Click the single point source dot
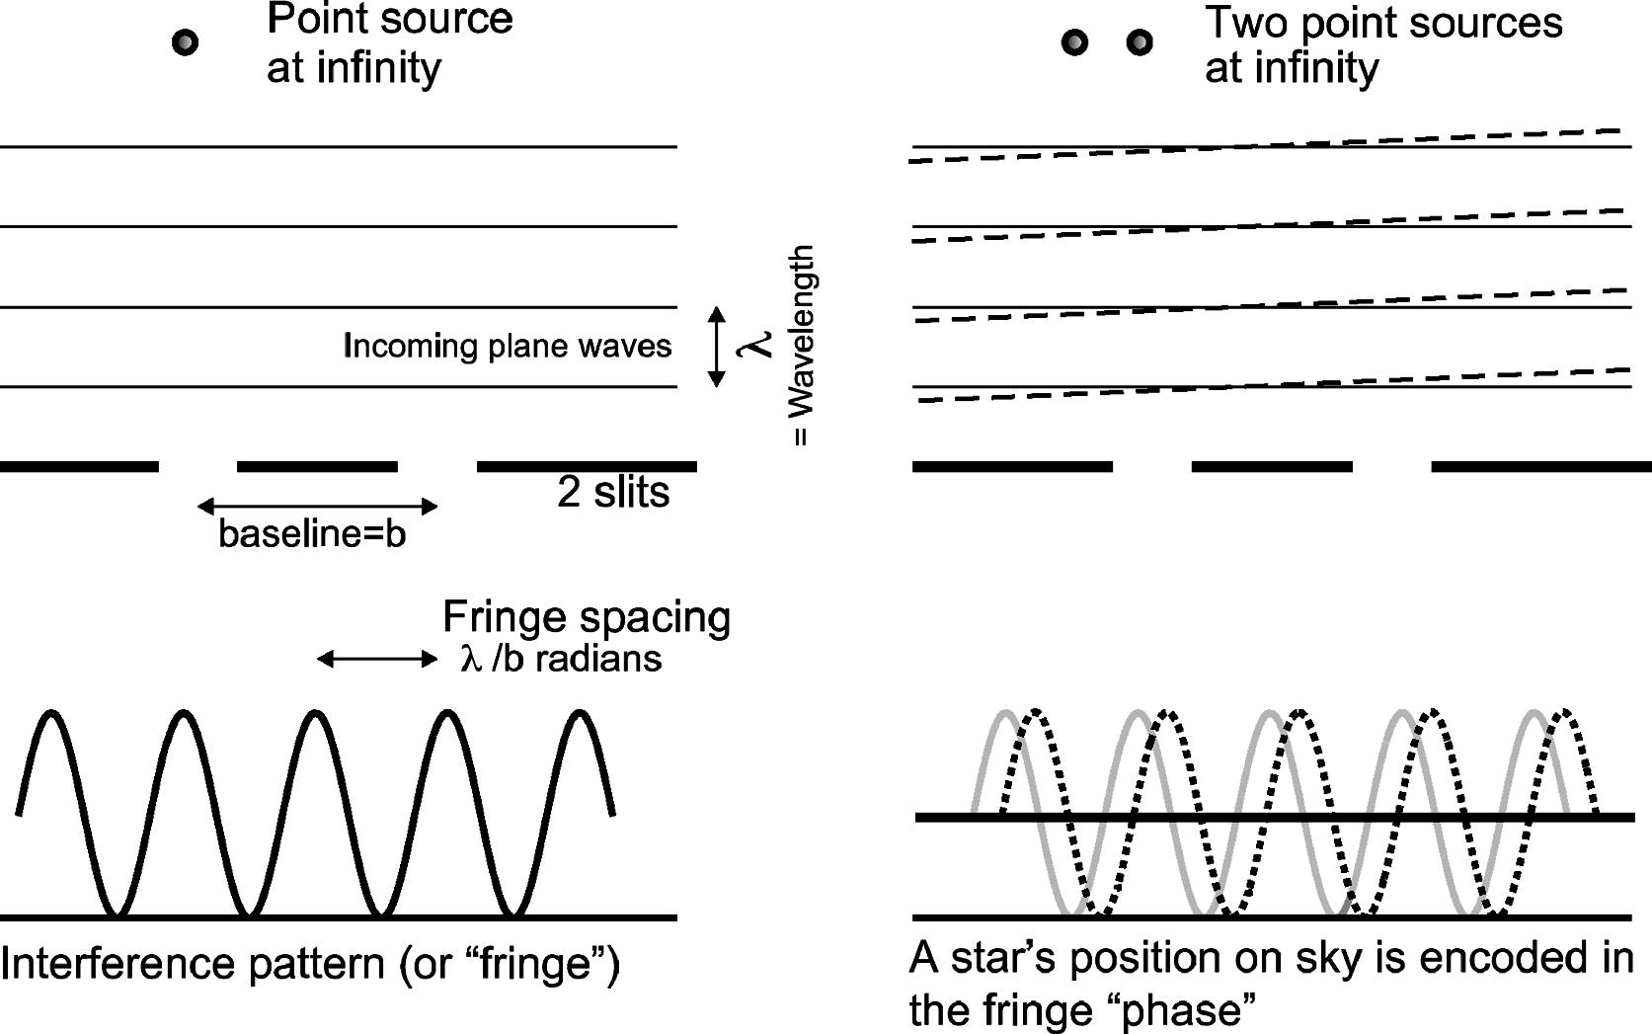(186, 42)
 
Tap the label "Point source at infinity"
(389, 43)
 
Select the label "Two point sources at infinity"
(1382, 45)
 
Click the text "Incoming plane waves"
(508, 346)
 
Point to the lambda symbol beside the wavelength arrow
(758, 345)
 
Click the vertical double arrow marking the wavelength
(718, 347)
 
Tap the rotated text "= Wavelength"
(802, 346)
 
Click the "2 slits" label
(613, 492)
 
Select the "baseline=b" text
(312, 534)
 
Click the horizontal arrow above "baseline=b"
(317, 507)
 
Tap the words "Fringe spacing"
(587, 617)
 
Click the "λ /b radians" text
(561, 659)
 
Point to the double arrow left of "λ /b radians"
(376, 659)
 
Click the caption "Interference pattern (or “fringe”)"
(310, 963)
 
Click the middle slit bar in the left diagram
(317, 466)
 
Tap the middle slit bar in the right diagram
(1272, 466)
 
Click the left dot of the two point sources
(1074, 42)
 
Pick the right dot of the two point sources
(1140, 42)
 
